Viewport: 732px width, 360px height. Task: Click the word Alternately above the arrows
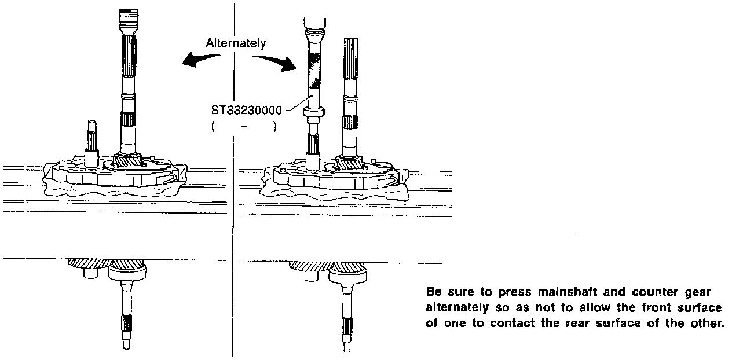coord(236,43)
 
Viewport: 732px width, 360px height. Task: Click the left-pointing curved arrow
coord(200,58)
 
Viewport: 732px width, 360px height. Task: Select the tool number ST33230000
coord(250,111)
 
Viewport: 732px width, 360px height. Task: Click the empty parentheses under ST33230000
coord(244,127)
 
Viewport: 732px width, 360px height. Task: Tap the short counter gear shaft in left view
coord(91,141)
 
